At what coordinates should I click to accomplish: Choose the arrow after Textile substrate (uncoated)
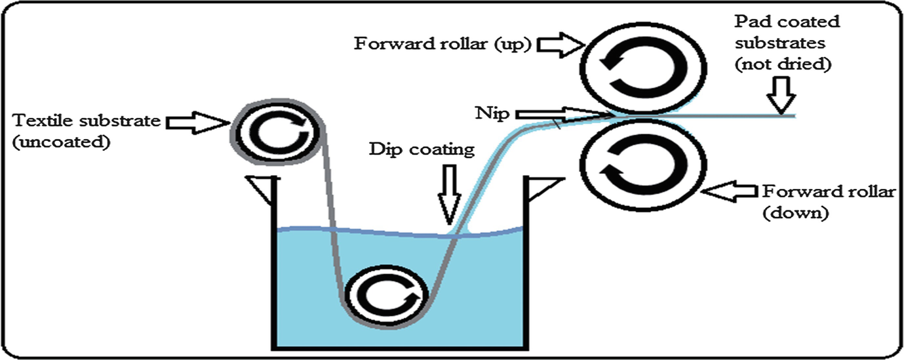pyautogui.click(x=195, y=121)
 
